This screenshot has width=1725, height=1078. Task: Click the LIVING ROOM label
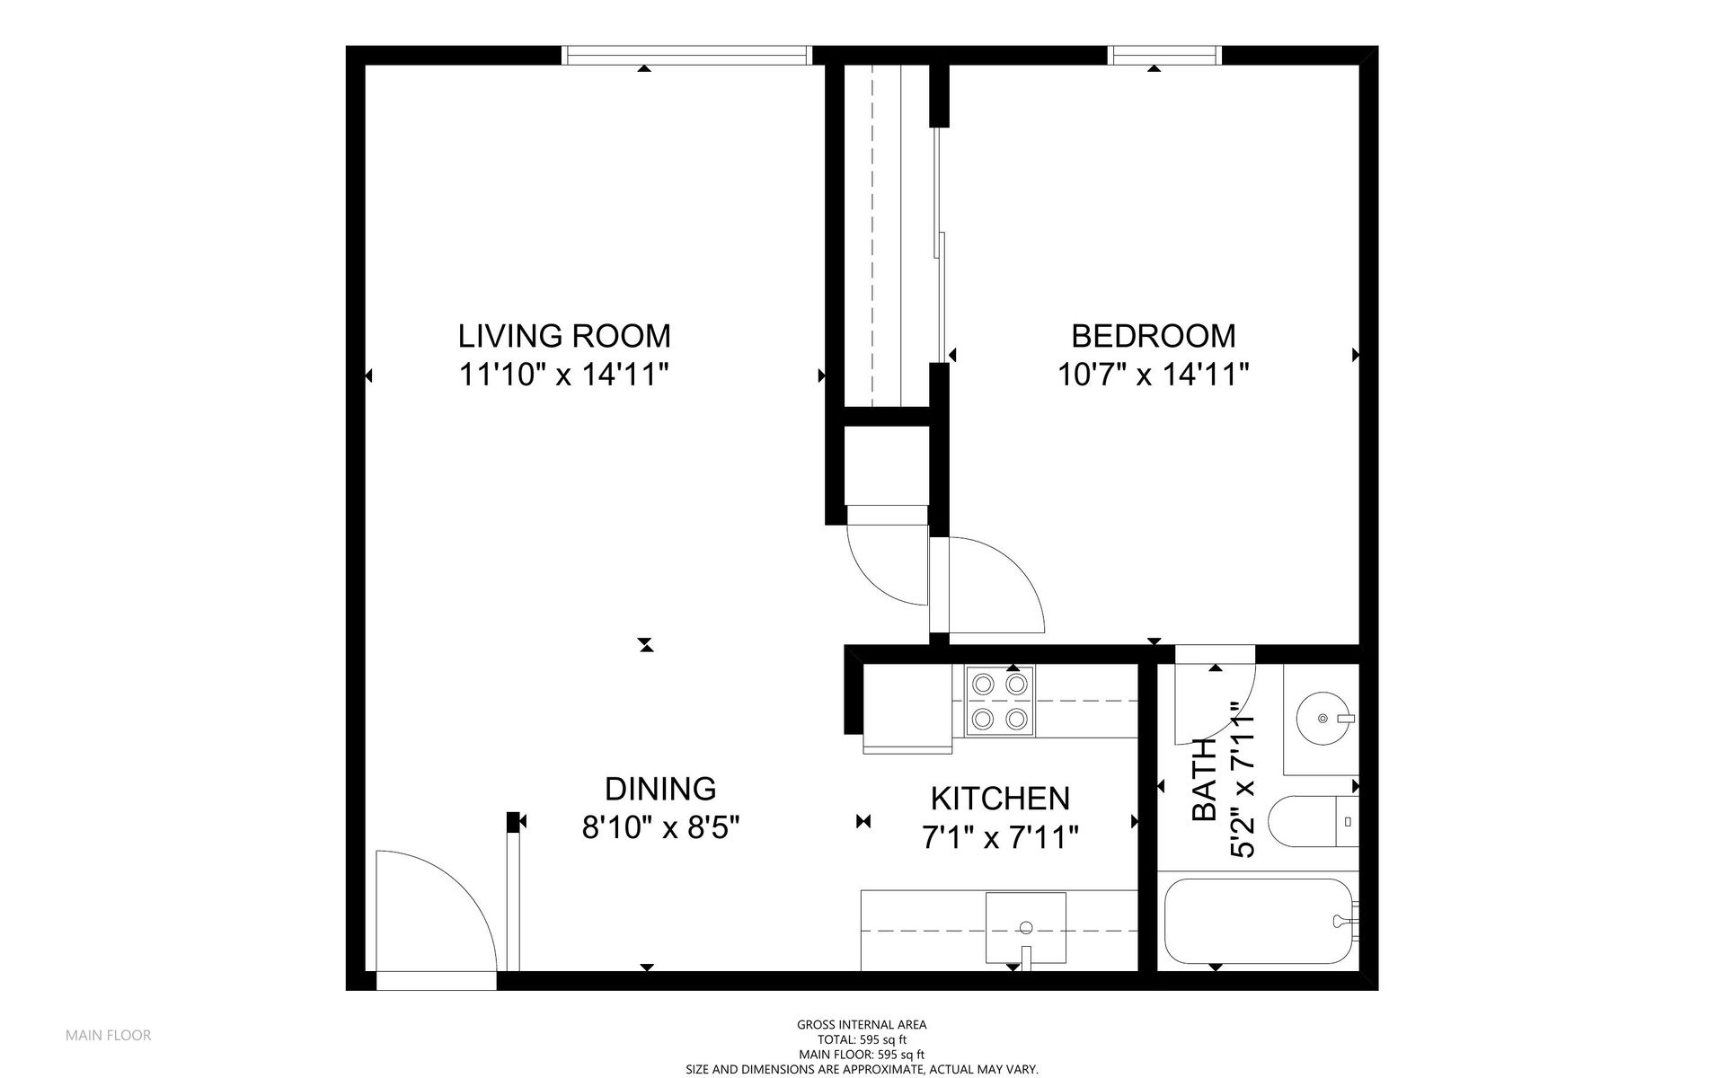click(x=564, y=336)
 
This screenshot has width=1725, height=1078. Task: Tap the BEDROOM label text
click(x=1153, y=336)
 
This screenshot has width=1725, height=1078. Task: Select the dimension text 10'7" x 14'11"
click(x=1153, y=374)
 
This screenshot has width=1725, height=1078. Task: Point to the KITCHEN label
click(x=999, y=798)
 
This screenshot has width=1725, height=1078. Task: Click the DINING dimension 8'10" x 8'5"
click(x=660, y=826)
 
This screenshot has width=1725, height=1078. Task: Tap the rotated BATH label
click(x=1205, y=780)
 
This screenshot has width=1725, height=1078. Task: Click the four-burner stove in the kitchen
click(x=999, y=701)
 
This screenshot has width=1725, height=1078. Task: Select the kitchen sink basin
click(x=1025, y=926)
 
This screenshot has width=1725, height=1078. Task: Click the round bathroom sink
click(x=1322, y=718)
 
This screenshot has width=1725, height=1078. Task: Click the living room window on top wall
click(x=686, y=56)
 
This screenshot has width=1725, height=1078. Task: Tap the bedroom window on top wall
click(x=1166, y=56)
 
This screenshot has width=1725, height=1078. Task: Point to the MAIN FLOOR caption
click(x=108, y=1035)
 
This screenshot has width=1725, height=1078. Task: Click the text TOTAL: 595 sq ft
click(x=862, y=1039)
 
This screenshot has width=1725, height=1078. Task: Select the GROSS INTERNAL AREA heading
click(x=862, y=1024)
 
